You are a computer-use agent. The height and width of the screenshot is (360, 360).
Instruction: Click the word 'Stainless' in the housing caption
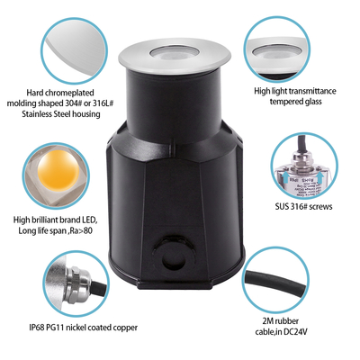click(x=53, y=115)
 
